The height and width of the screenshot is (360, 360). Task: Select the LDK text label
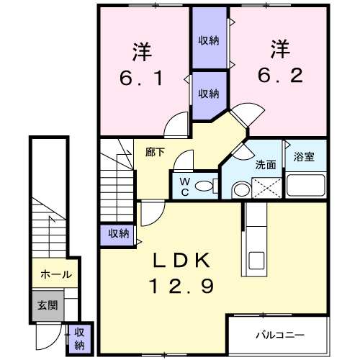coord(181,260)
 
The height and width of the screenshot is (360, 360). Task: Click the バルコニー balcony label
coord(281,336)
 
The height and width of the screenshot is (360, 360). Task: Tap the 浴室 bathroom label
coord(303,158)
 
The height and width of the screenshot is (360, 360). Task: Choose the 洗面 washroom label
coord(266,164)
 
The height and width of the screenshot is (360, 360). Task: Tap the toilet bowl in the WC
coord(206,186)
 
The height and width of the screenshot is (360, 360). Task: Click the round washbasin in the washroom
coord(241,189)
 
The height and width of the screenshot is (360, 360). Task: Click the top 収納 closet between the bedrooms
coord(209,40)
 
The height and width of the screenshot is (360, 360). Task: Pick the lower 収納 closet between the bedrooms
coord(209,94)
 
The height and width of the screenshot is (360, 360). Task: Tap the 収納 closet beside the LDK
coord(118,233)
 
